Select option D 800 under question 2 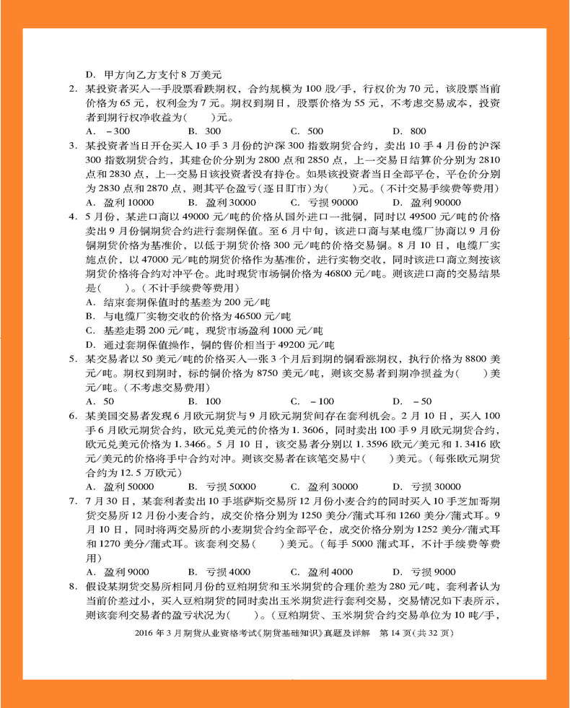click(x=409, y=131)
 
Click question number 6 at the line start click(x=73, y=415)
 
